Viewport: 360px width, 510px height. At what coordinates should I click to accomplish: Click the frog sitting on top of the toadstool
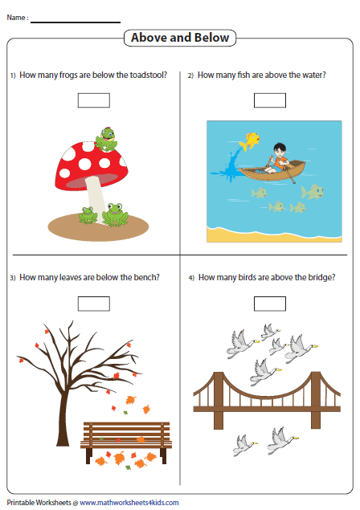pos(106,139)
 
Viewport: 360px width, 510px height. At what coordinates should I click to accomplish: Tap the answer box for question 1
pos(94,100)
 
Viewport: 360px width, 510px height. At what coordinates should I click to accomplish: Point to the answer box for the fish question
pos(270,100)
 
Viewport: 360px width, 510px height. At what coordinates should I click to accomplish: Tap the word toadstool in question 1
pos(149,75)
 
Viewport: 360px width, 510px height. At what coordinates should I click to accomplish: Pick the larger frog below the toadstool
pos(115,214)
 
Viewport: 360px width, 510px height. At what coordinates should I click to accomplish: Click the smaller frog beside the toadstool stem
pos(88,215)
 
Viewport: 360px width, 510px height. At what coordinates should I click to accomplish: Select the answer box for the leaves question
pos(94,304)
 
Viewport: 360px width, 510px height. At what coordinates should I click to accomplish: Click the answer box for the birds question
pos(270,304)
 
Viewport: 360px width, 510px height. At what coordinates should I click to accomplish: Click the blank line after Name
pos(76,22)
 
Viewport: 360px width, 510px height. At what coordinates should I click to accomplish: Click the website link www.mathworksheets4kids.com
pos(129,503)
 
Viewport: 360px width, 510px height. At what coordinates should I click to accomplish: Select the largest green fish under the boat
pos(313,192)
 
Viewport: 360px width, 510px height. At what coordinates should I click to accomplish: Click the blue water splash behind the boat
pos(228,166)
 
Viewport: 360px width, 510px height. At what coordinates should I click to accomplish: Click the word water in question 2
pos(313,75)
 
